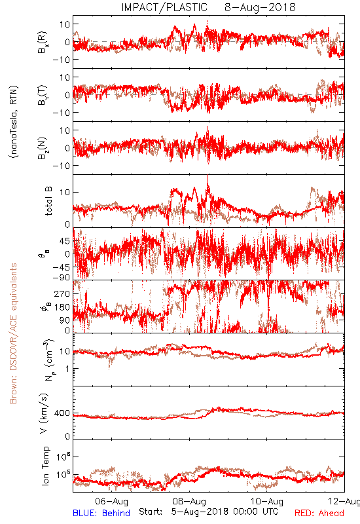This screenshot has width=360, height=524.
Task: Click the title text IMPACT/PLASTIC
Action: click(164, 7)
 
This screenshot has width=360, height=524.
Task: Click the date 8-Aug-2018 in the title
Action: click(260, 7)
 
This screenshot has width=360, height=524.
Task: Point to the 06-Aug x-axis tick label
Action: click(111, 501)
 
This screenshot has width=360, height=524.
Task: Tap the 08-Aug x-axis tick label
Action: click(189, 501)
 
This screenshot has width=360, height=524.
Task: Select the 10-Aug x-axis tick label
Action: click(267, 501)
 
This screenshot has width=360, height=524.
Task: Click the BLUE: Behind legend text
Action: click(101, 513)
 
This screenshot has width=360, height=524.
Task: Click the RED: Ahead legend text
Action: click(319, 513)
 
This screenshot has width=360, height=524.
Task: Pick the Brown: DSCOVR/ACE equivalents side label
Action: click(13, 333)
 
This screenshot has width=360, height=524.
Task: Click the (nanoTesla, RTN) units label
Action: click(14, 121)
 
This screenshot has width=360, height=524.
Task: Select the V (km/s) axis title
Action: click(44, 413)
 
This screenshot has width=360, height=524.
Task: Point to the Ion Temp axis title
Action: click(45, 466)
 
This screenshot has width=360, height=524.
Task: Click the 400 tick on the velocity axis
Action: click(62, 413)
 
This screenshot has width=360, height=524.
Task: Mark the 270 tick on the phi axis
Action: click(62, 293)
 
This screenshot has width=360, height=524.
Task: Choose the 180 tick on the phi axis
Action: click(62, 307)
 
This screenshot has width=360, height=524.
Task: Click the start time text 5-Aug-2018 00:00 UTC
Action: click(225, 512)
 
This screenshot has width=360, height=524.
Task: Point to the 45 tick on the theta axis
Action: click(65, 241)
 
